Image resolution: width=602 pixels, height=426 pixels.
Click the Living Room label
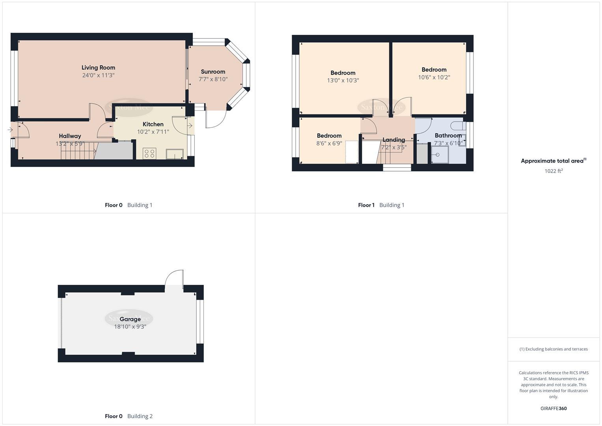click(98, 67)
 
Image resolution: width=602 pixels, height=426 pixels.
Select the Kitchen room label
click(153, 124)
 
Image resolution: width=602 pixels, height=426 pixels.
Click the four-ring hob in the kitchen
click(149, 153)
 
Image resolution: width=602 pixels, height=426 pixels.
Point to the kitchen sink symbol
click(175, 154)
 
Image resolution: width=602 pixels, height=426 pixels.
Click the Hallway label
click(70, 136)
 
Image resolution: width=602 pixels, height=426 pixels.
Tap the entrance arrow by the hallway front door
click(10, 129)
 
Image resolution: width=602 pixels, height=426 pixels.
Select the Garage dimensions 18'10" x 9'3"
click(130, 327)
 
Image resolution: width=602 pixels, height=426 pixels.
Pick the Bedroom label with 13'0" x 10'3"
click(343, 73)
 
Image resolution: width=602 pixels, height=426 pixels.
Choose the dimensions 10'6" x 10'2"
click(434, 77)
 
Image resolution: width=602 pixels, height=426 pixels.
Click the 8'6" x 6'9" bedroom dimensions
click(329, 144)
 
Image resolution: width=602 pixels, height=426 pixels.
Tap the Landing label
click(393, 140)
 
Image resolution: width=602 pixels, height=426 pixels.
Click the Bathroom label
click(448, 136)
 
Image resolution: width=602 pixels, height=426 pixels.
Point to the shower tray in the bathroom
click(440, 155)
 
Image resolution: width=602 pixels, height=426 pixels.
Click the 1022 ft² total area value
click(554, 171)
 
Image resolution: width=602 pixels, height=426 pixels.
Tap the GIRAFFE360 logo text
click(554, 409)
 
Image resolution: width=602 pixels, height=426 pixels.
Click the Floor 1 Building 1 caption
click(381, 205)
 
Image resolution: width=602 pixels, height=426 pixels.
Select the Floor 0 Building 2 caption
click(129, 416)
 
